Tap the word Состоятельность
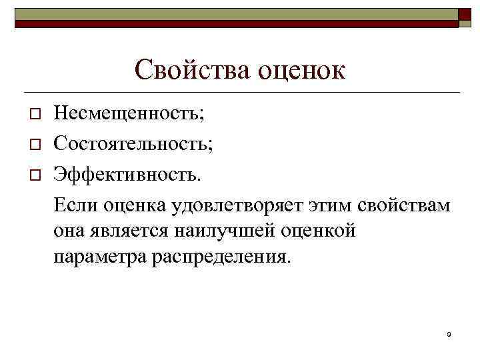[x=134, y=143]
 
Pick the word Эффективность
[x=127, y=173]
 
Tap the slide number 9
[x=449, y=334]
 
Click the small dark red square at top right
[x=465, y=16]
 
